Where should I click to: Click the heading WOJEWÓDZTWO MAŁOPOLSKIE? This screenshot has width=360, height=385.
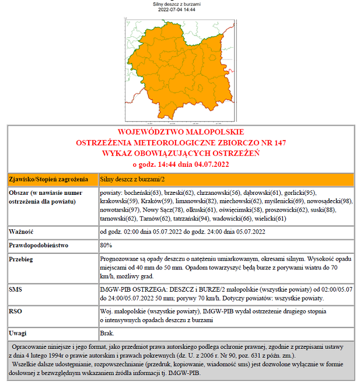tap(180, 132)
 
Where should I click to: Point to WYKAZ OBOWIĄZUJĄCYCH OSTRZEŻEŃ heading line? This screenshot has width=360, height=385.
tap(180, 153)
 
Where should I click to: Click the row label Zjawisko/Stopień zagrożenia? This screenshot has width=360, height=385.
tap(48, 178)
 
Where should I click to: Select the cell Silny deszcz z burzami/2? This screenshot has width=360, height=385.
tap(132, 178)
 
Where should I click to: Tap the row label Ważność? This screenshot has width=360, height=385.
tap(20, 232)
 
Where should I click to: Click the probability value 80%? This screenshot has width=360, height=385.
tap(106, 245)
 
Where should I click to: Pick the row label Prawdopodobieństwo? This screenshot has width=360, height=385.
tap(39, 245)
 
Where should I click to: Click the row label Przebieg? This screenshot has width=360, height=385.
tap(21, 258)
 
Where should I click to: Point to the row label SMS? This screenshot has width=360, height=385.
tap(16, 289)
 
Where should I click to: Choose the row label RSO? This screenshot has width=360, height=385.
tap(16, 311)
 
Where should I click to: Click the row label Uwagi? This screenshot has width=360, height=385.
tap(18, 333)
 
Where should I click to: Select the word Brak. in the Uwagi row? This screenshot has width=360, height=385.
tap(107, 333)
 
